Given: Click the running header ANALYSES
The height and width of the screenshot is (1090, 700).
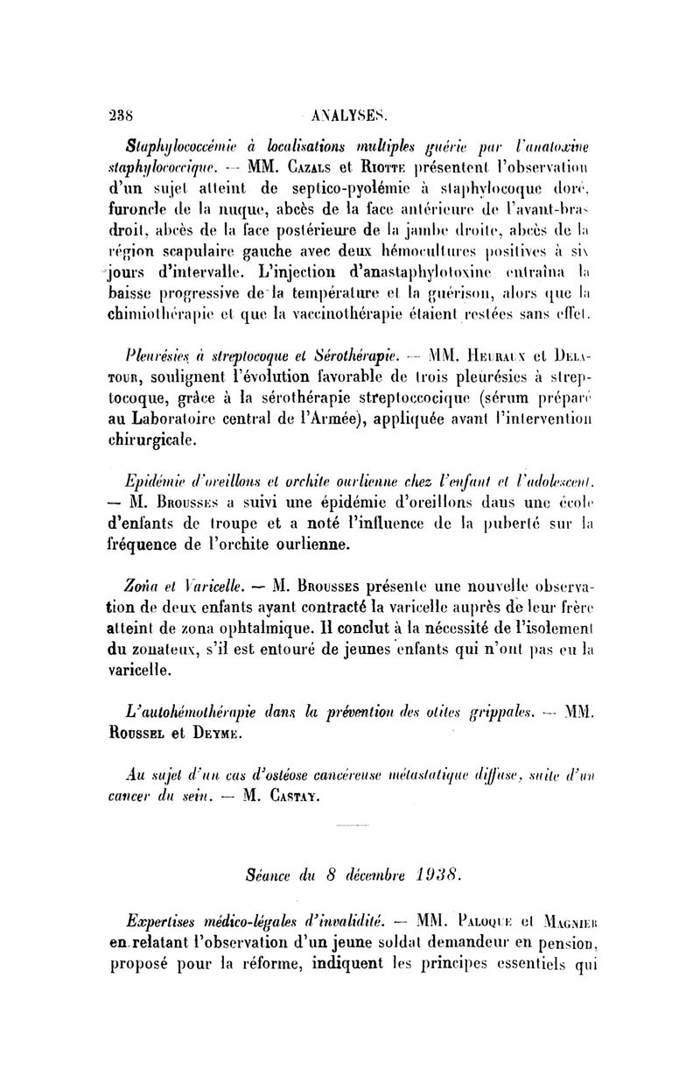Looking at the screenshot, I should tap(349, 114).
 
